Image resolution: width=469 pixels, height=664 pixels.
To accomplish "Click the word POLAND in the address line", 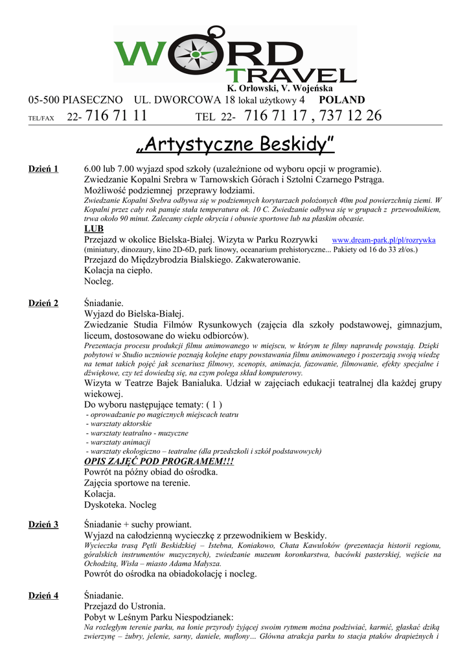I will click(342, 100).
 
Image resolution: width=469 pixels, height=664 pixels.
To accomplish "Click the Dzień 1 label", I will click(43, 169).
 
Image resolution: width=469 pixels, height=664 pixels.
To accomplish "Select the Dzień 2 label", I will click(43, 303).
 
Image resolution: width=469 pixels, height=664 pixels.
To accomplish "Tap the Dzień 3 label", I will click(43, 525).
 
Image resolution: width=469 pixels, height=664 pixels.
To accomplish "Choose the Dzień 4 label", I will click(43, 596).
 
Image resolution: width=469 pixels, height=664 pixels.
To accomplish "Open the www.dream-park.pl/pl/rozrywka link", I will click(383, 240).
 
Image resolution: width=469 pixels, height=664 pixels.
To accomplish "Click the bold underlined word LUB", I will click(94, 229).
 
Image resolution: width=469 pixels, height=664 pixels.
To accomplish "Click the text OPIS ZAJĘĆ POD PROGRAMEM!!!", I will click(159, 461).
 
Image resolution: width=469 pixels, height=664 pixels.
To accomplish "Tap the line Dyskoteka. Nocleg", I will click(120, 504).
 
